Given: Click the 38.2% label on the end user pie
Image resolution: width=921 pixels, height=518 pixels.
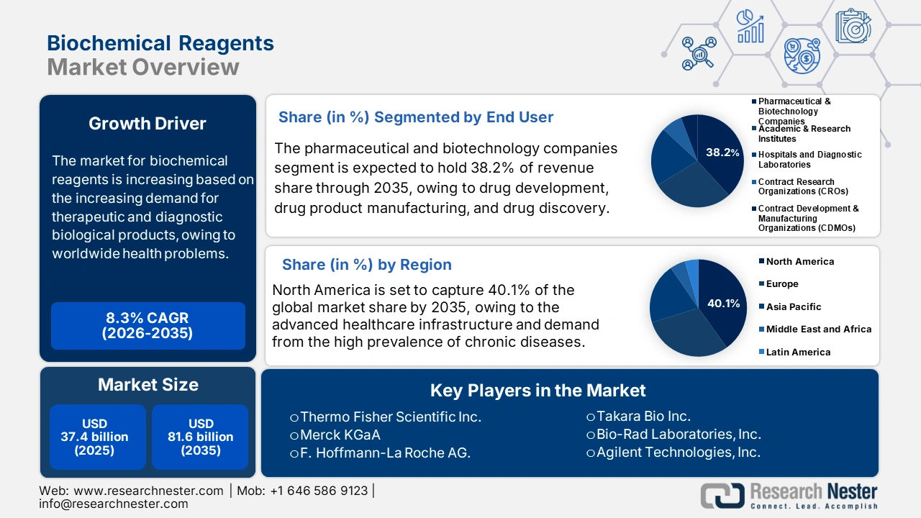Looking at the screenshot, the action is click(722, 153).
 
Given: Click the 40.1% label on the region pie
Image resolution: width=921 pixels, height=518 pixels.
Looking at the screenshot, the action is click(724, 304).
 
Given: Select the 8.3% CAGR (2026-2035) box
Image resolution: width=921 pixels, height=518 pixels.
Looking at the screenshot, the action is click(148, 326).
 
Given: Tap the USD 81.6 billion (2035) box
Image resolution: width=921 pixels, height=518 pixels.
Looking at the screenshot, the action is click(200, 437).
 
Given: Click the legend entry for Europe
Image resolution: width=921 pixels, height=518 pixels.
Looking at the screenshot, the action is click(779, 283).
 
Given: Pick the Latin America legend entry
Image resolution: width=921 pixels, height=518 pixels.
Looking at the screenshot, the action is click(795, 352).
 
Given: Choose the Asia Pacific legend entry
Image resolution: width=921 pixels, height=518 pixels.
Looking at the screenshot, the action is click(790, 306).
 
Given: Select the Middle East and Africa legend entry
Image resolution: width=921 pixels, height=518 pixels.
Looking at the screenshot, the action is click(815, 329).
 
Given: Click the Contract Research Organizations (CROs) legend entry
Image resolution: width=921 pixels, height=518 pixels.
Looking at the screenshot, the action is click(800, 186).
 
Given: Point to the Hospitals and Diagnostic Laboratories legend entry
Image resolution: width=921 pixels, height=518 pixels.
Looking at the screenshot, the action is click(807, 160).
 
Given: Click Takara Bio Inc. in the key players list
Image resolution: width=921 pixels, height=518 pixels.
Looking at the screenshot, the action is click(638, 416).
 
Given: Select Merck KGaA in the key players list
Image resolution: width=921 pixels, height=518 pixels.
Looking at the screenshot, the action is click(335, 435).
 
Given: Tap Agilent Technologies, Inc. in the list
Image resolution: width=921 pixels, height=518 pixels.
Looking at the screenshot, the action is click(673, 453).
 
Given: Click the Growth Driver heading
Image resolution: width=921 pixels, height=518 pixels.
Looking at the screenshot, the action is click(148, 123).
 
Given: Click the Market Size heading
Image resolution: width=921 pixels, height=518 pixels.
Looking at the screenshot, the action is click(148, 385).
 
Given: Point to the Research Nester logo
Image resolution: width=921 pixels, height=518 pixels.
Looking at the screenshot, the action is click(789, 496).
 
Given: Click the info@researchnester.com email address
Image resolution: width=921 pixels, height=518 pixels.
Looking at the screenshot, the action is click(114, 504).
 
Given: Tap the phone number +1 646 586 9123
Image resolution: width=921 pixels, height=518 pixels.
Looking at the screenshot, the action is click(319, 491).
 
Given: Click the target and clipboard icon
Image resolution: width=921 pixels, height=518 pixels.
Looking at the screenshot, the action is click(853, 25).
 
